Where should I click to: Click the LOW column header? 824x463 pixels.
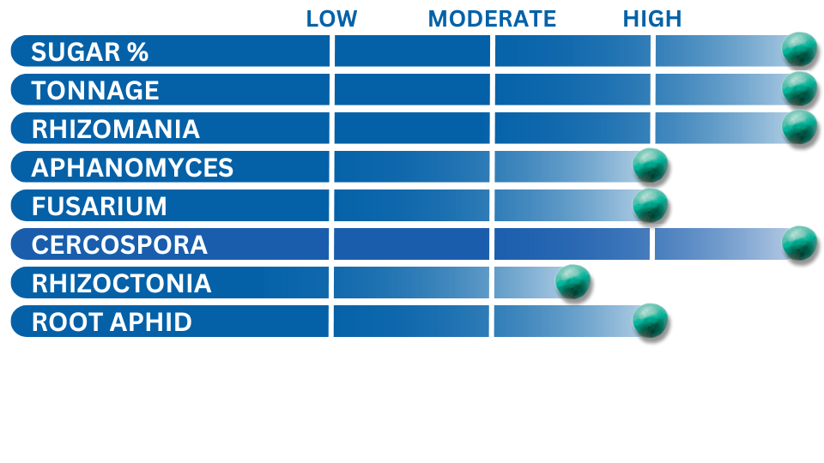pyautogui.click(x=331, y=19)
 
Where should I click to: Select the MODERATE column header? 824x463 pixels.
pyautogui.click(x=492, y=19)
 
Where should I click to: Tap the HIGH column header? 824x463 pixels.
pyautogui.click(x=652, y=19)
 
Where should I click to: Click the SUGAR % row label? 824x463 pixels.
pyautogui.click(x=90, y=52)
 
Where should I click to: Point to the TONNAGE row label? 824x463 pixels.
pyautogui.click(x=95, y=90)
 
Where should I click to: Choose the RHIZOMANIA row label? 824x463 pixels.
pyautogui.click(x=116, y=129)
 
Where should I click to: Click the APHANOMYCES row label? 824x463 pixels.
pyautogui.click(x=132, y=168)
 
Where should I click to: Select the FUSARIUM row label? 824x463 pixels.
pyautogui.click(x=100, y=207)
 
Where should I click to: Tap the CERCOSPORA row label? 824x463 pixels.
pyautogui.click(x=119, y=245)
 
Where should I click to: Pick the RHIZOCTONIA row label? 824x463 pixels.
pyautogui.click(x=121, y=284)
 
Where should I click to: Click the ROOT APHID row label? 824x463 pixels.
pyautogui.click(x=112, y=322)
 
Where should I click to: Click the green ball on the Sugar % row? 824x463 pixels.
pyautogui.click(x=799, y=49)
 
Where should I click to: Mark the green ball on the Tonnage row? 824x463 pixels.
pyautogui.click(x=799, y=88)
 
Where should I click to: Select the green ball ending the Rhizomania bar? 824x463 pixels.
pyautogui.click(x=799, y=127)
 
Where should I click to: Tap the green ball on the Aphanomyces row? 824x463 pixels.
pyautogui.click(x=650, y=165)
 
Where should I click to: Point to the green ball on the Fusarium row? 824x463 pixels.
pyautogui.click(x=650, y=205)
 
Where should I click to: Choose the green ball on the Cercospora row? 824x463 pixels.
pyautogui.click(x=799, y=243)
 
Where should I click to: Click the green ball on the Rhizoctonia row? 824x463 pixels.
pyautogui.click(x=573, y=282)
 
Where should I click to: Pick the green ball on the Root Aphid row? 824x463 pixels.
pyautogui.click(x=650, y=321)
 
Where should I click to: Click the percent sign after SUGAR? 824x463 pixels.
pyautogui.click(x=137, y=52)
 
